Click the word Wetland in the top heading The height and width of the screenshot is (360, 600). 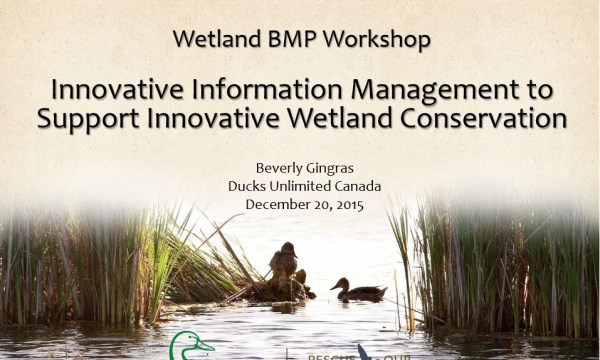click(209, 41)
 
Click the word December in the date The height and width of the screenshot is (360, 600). click(276, 204)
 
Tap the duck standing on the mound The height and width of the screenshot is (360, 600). click(284, 263)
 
